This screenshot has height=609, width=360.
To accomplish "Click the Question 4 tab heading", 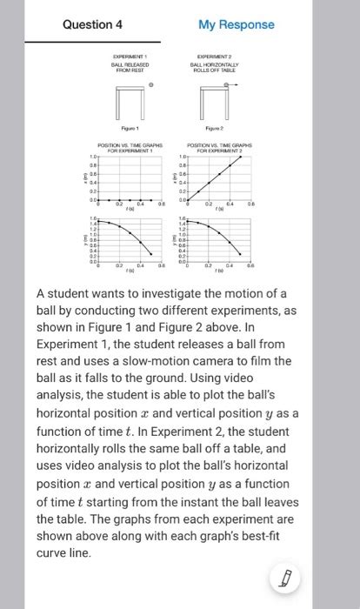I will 92,24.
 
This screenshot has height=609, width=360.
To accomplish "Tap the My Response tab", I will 236,24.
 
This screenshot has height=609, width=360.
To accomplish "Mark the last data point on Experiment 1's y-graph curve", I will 150,255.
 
